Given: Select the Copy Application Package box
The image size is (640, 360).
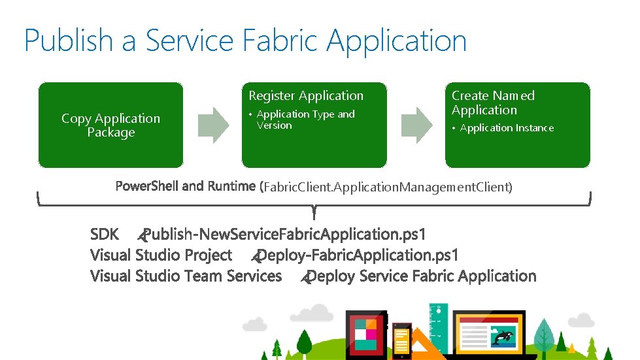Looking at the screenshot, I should point(110,125).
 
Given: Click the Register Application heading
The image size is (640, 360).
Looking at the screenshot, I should point(305,96).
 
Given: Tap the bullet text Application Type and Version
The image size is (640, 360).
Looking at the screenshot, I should point(305,120).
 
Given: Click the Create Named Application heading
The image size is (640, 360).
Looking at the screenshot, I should point(493,103).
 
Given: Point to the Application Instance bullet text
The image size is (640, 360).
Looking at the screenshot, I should point(507,128).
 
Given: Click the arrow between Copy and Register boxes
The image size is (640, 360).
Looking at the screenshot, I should point(212,123).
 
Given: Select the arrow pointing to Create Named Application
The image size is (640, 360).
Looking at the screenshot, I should point(416,123).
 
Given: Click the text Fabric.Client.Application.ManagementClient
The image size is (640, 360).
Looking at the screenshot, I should point(388,188).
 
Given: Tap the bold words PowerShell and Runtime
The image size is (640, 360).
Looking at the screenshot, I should point(185,186).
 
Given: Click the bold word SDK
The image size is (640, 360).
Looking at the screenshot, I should point(105,234).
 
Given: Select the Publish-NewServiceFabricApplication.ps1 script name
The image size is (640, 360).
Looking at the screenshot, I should point(285,234).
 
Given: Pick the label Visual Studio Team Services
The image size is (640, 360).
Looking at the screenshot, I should point(186,276).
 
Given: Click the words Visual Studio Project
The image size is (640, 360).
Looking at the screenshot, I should point(161,255).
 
